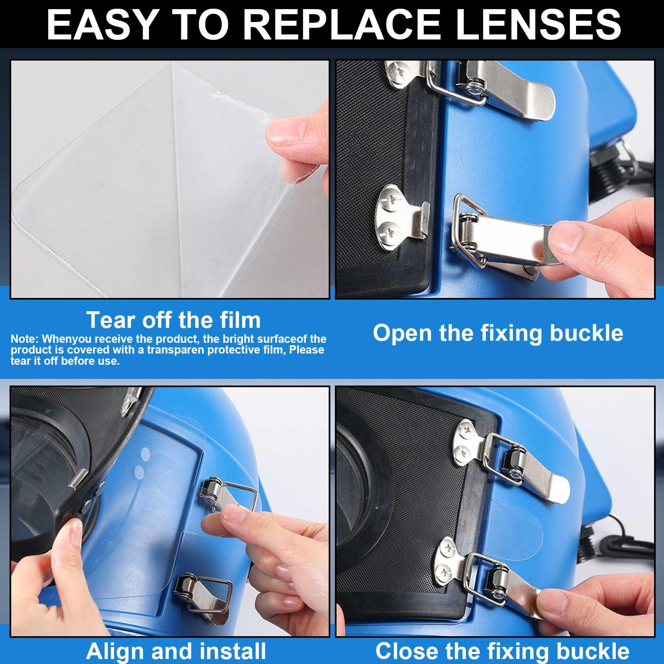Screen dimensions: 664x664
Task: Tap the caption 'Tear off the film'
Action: click(173, 320)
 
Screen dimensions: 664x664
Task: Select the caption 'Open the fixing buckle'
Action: click(498, 333)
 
